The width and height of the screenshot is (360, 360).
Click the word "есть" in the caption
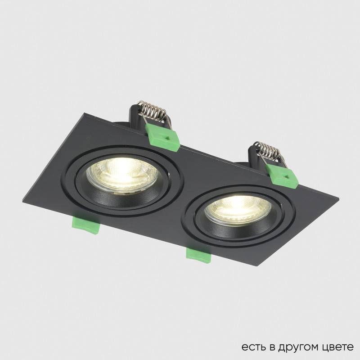coord(251,347)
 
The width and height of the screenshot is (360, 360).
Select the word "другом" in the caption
coord(294,347)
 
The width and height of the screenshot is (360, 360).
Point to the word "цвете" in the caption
coord(337,347)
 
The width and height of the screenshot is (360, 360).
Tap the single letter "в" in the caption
coord(270,347)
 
